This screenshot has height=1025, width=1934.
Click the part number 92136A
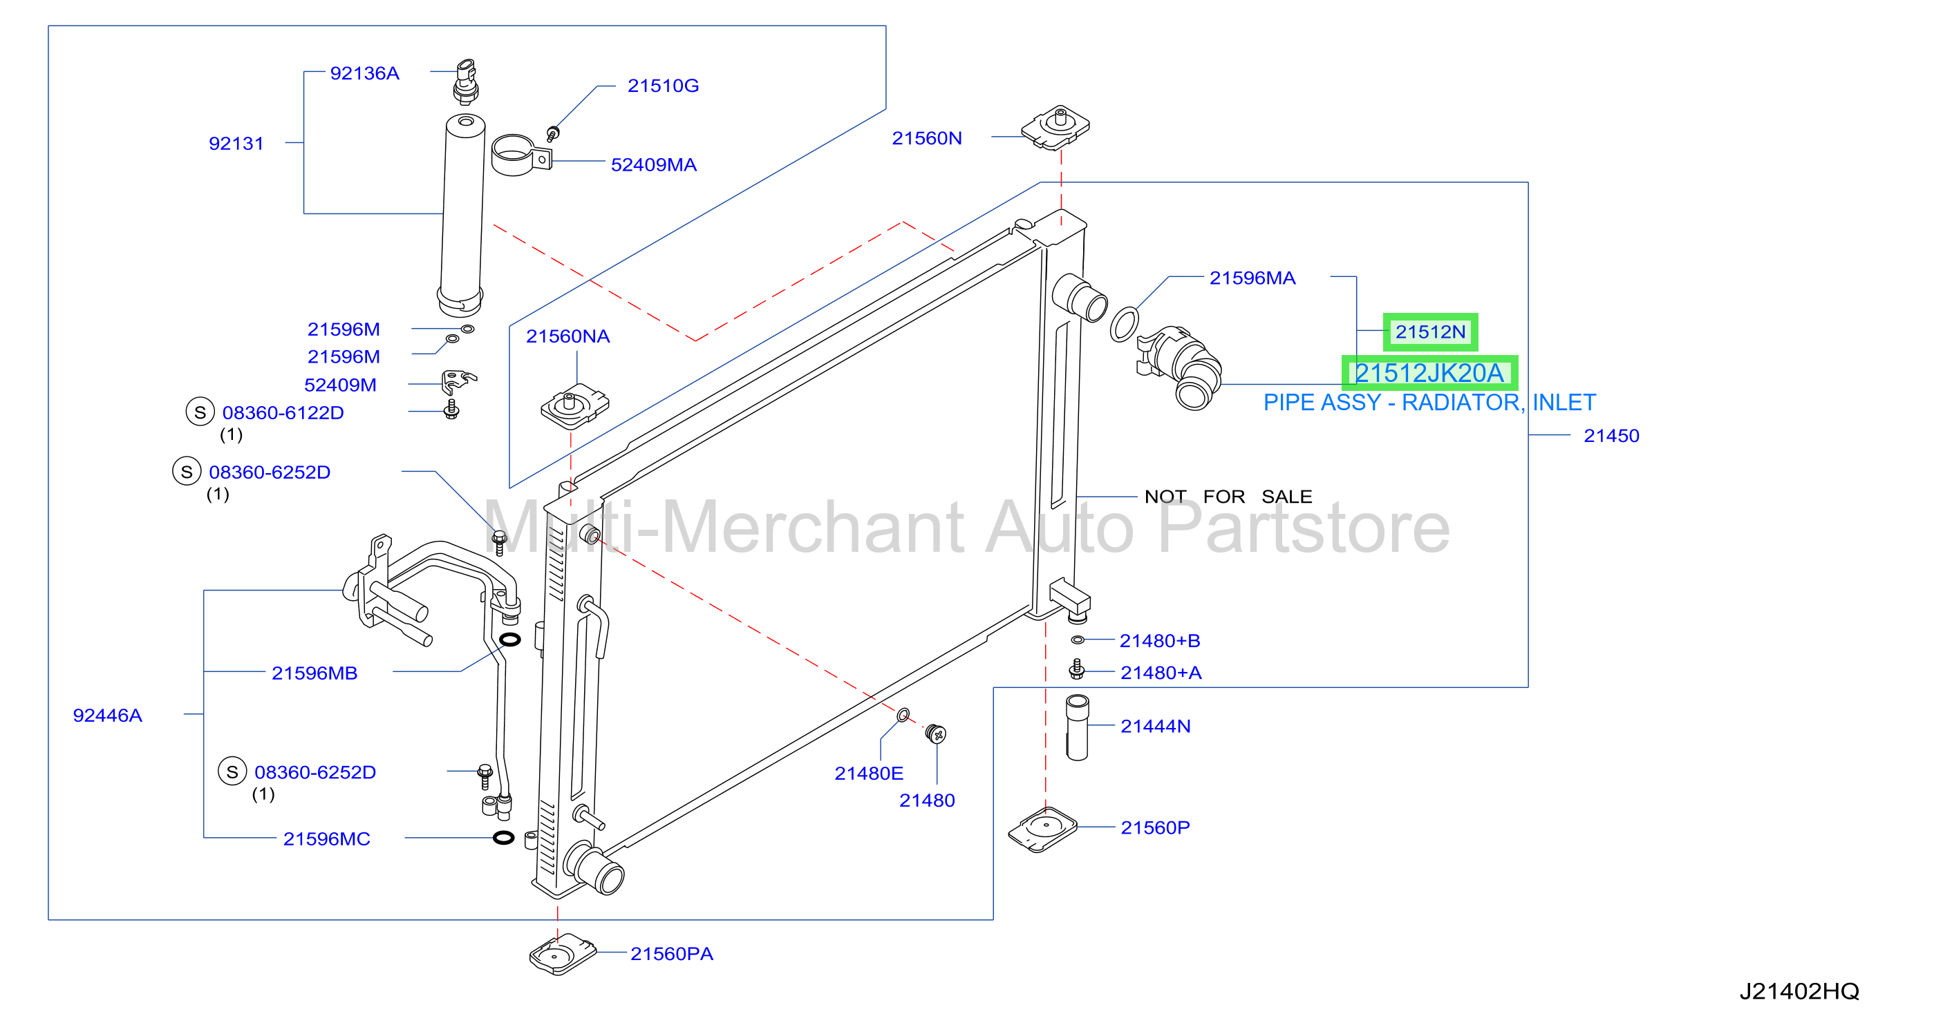pyautogui.click(x=364, y=73)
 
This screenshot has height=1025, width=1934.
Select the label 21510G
pyautogui.click(x=663, y=86)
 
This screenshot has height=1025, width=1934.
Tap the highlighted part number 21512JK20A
pyautogui.click(x=1429, y=373)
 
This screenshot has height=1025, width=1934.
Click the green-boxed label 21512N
pyautogui.click(x=1430, y=332)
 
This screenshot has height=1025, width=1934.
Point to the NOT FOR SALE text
pyautogui.click(x=1228, y=497)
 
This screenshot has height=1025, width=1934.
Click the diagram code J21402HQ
pyautogui.click(x=1799, y=991)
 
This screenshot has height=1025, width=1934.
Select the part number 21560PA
pyautogui.click(x=671, y=954)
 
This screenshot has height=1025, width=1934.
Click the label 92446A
pyautogui.click(x=107, y=715)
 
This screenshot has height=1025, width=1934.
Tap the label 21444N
pyautogui.click(x=1156, y=727)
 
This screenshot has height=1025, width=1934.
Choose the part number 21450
pyautogui.click(x=1611, y=436)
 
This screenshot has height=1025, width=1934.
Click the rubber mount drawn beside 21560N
pyautogui.click(x=1055, y=128)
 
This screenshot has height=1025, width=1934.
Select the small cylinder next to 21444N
pyautogui.click(x=1078, y=727)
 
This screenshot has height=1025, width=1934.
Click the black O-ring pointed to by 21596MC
pyautogui.click(x=504, y=837)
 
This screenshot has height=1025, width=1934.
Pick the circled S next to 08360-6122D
pyautogui.click(x=200, y=412)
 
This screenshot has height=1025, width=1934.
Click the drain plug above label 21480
pyautogui.click(x=935, y=733)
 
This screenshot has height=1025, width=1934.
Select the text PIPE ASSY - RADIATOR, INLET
pyautogui.click(x=1429, y=403)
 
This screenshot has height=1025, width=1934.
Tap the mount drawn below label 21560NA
pyautogui.click(x=575, y=406)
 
